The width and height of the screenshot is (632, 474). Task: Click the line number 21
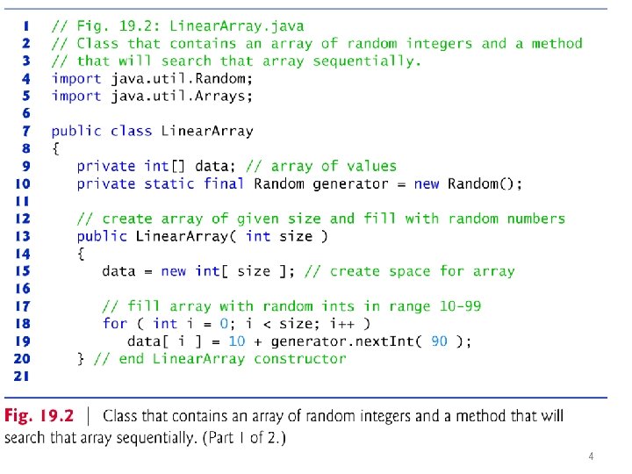(x=21, y=376)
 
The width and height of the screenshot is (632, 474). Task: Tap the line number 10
(x=21, y=183)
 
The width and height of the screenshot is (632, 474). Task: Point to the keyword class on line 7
(x=132, y=131)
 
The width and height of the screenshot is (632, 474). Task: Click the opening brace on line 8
(x=55, y=148)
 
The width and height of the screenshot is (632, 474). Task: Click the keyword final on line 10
(x=225, y=183)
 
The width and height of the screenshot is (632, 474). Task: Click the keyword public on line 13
(x=102, y=236)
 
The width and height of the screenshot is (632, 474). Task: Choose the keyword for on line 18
(x=115, y=324)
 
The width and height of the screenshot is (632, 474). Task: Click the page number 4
(x=591, y=456)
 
